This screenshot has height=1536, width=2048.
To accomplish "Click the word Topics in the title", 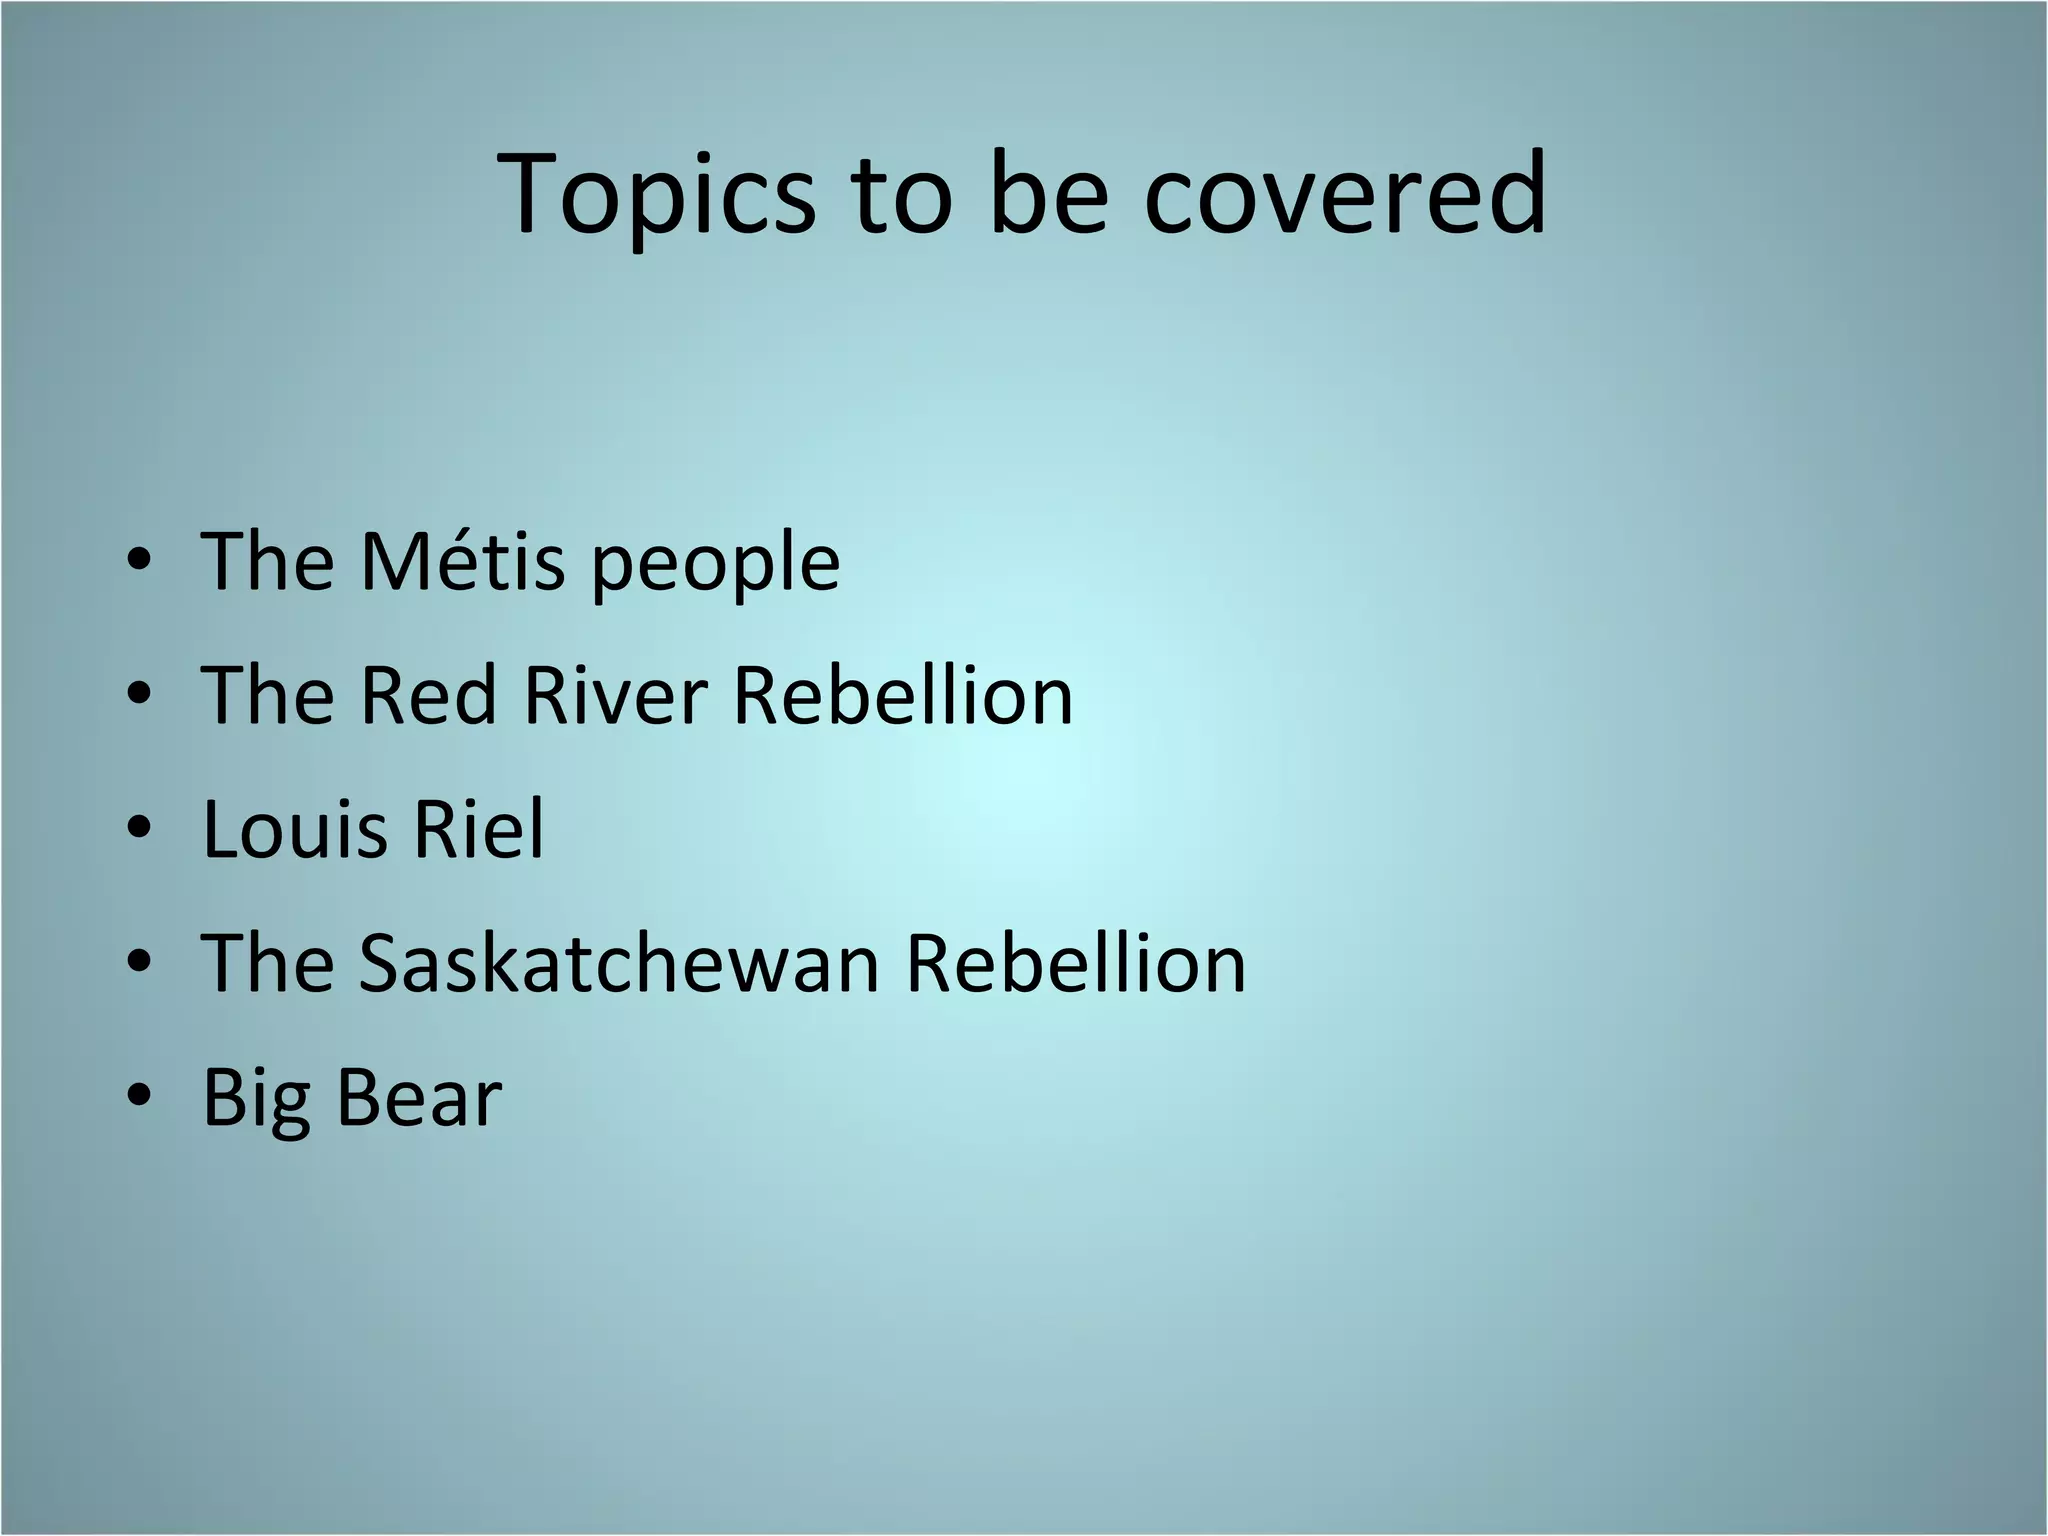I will click(656, 195).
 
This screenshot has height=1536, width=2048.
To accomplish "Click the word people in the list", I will click(716, 566).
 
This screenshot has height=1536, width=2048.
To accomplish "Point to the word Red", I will click(428, 695).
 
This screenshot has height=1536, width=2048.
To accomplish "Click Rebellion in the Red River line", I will click(903, 695).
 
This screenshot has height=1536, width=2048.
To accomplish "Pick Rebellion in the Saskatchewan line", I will click(1076, 963).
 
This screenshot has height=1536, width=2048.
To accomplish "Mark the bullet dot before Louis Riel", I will click(140, 828).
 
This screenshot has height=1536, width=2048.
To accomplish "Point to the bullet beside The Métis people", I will click(140, 560).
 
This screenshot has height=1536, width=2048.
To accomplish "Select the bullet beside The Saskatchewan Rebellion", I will click(140, 962).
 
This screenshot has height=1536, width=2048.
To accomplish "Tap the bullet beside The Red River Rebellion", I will click(140, 694).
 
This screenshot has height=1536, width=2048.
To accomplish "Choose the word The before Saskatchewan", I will click(268, 963).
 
